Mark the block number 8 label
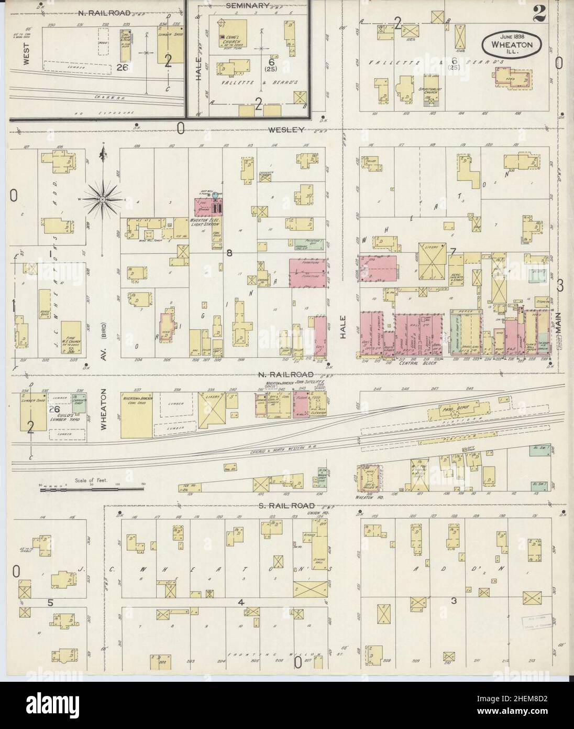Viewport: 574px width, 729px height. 229,253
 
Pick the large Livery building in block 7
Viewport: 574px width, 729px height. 433,261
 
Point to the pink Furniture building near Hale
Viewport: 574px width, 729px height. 308,273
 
